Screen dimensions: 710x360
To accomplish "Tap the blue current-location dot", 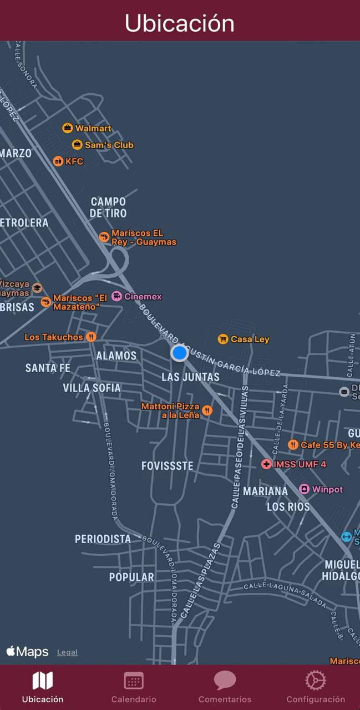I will pos(179,352).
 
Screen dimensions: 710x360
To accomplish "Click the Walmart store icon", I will pos(67,128).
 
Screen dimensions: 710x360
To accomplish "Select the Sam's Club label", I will pos(109,145).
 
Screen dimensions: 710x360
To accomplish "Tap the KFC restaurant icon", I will pos(58,161).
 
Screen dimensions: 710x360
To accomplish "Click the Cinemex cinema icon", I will pos(116,296).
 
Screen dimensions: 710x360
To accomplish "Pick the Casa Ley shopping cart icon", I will pos(222,339).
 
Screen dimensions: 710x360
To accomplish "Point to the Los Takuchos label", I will pos(54,337).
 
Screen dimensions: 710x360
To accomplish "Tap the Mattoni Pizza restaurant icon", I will pos(207,410).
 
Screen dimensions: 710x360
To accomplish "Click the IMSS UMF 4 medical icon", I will pos(266,464).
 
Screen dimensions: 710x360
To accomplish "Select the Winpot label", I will pos(327,489).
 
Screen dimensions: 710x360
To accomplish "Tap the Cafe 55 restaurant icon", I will pos(293,445).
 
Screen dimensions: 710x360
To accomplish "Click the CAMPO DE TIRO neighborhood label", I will pos(108,207).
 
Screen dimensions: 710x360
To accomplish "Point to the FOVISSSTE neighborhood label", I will pos(168,466).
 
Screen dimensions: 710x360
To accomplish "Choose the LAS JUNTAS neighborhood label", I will pos(190,377).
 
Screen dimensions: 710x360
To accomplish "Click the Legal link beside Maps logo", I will pos(67,652).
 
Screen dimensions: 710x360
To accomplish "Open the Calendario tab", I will pos(134,687).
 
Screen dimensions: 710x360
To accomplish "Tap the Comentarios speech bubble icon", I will pos(225,681).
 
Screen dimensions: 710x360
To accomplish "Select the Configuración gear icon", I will pos(315,681).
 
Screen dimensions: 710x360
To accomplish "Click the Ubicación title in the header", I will pos(180,23).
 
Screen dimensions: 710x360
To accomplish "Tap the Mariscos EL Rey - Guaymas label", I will pos(144,237).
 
